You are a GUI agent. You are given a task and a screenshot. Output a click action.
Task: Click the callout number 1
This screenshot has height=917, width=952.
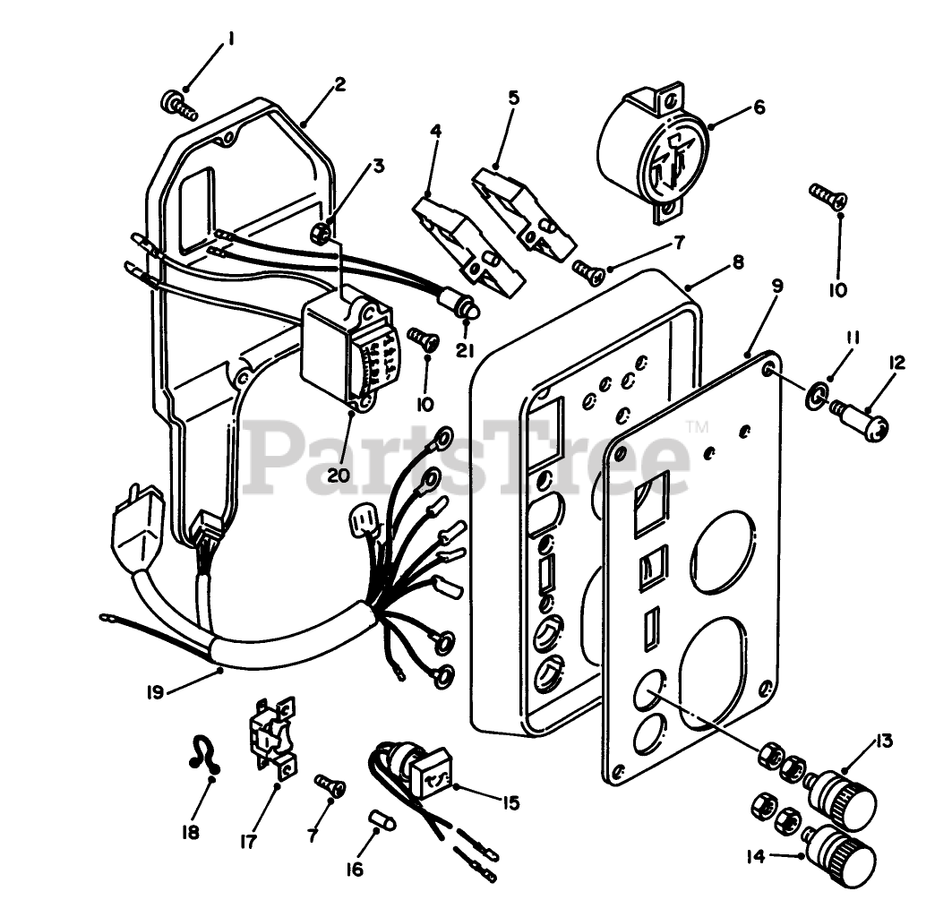click(231, 39)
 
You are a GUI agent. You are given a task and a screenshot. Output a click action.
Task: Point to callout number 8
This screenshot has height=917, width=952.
click(737, 263)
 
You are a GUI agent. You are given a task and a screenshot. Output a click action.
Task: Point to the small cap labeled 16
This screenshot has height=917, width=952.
click(382, 821)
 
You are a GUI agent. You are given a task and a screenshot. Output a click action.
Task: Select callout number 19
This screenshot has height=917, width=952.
click(153, 692)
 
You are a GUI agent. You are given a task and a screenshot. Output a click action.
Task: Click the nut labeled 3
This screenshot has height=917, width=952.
click(326, 235)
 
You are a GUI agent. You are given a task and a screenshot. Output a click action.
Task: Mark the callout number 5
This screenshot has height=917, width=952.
click(513, 98)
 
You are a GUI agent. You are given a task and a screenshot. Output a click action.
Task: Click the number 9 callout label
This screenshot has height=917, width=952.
click(776, 286)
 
